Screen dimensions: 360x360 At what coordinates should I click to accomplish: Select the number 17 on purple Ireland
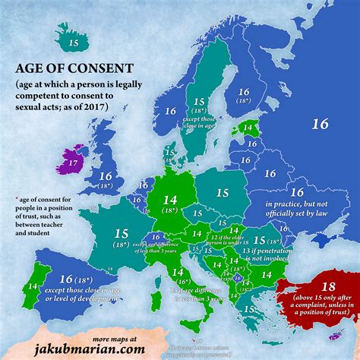pyautogui.click(x=72, y=163)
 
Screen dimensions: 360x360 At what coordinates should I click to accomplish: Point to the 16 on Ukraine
pyautogui.click(x=296, y=193)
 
